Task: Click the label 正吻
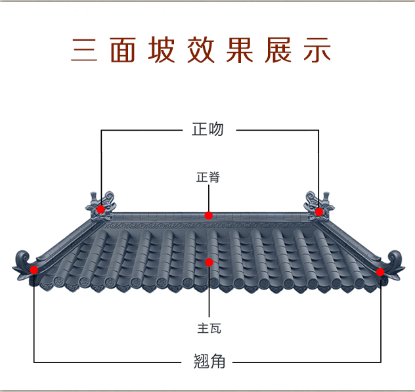point(208,129)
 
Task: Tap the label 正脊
point(208,177)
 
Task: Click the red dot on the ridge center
point(208,215)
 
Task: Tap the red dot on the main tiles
point(209,263)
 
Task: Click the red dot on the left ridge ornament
point(101,209)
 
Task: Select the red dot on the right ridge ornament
point(318,211)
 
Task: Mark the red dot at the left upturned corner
point(34,269)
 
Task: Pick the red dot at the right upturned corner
point(380,272)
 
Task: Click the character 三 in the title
point(84,51)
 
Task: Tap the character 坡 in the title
point(162,51)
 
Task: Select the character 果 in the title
point(240,51)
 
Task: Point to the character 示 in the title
point(317,51)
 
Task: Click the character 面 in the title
point(123,51)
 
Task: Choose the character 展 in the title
point(278,51)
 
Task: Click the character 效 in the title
point(201,51)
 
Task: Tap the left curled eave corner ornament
point(24,262)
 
